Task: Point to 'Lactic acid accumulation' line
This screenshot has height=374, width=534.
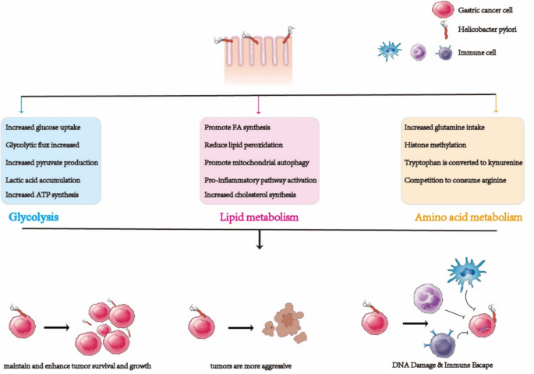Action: click(43, 179)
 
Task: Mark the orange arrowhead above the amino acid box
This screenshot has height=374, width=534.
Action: click(496, 110)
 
